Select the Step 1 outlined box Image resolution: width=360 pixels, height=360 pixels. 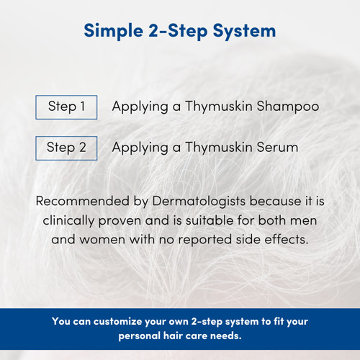pos(66,107)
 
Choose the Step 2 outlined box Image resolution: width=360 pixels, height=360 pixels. pos(66,148)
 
